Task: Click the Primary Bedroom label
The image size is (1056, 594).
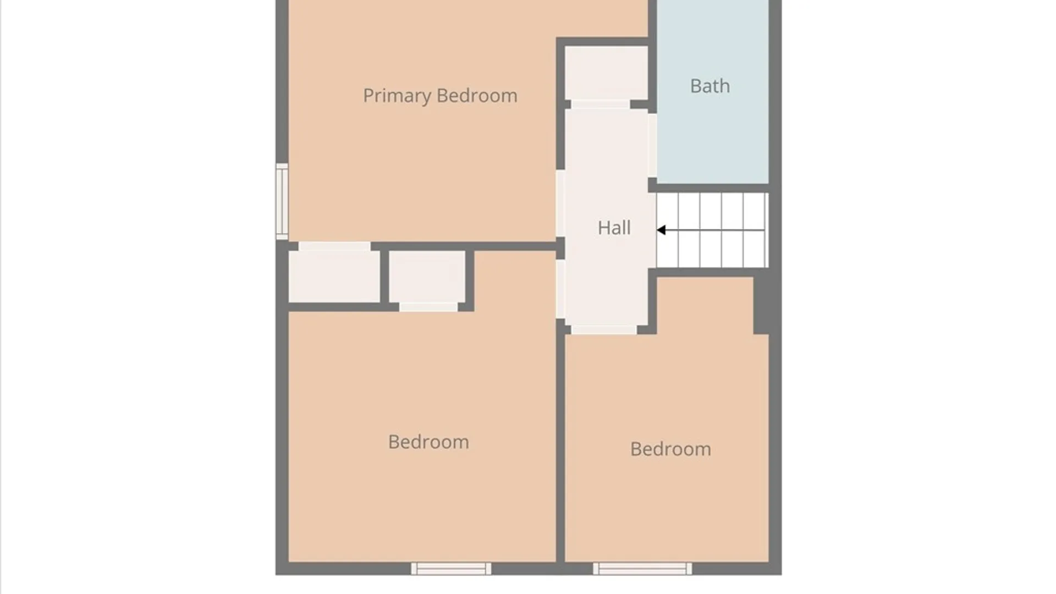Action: (440, 96)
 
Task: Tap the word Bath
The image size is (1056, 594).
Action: (710, 86)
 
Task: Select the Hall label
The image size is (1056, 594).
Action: (614, 228)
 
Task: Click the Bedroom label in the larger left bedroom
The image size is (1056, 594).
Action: (428, 442)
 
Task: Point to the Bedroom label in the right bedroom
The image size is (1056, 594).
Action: (670, 449)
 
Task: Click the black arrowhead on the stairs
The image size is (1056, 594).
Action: (661, 230)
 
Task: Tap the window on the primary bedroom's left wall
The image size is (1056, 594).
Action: (282, 201)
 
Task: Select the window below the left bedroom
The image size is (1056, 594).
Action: (451, 569)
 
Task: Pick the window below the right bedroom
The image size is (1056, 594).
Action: (642, 569)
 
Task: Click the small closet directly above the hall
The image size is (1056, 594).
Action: (606, 73)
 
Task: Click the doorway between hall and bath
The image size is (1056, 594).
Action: (652, 145)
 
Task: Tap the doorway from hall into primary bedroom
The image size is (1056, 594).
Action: (560, 204)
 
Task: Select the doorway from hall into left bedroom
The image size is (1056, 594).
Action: (560, 289)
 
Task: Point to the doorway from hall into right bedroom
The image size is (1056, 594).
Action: (604, 329)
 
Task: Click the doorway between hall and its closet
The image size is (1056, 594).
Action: (601, 105)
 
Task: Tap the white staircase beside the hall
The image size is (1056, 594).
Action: (712, 230)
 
